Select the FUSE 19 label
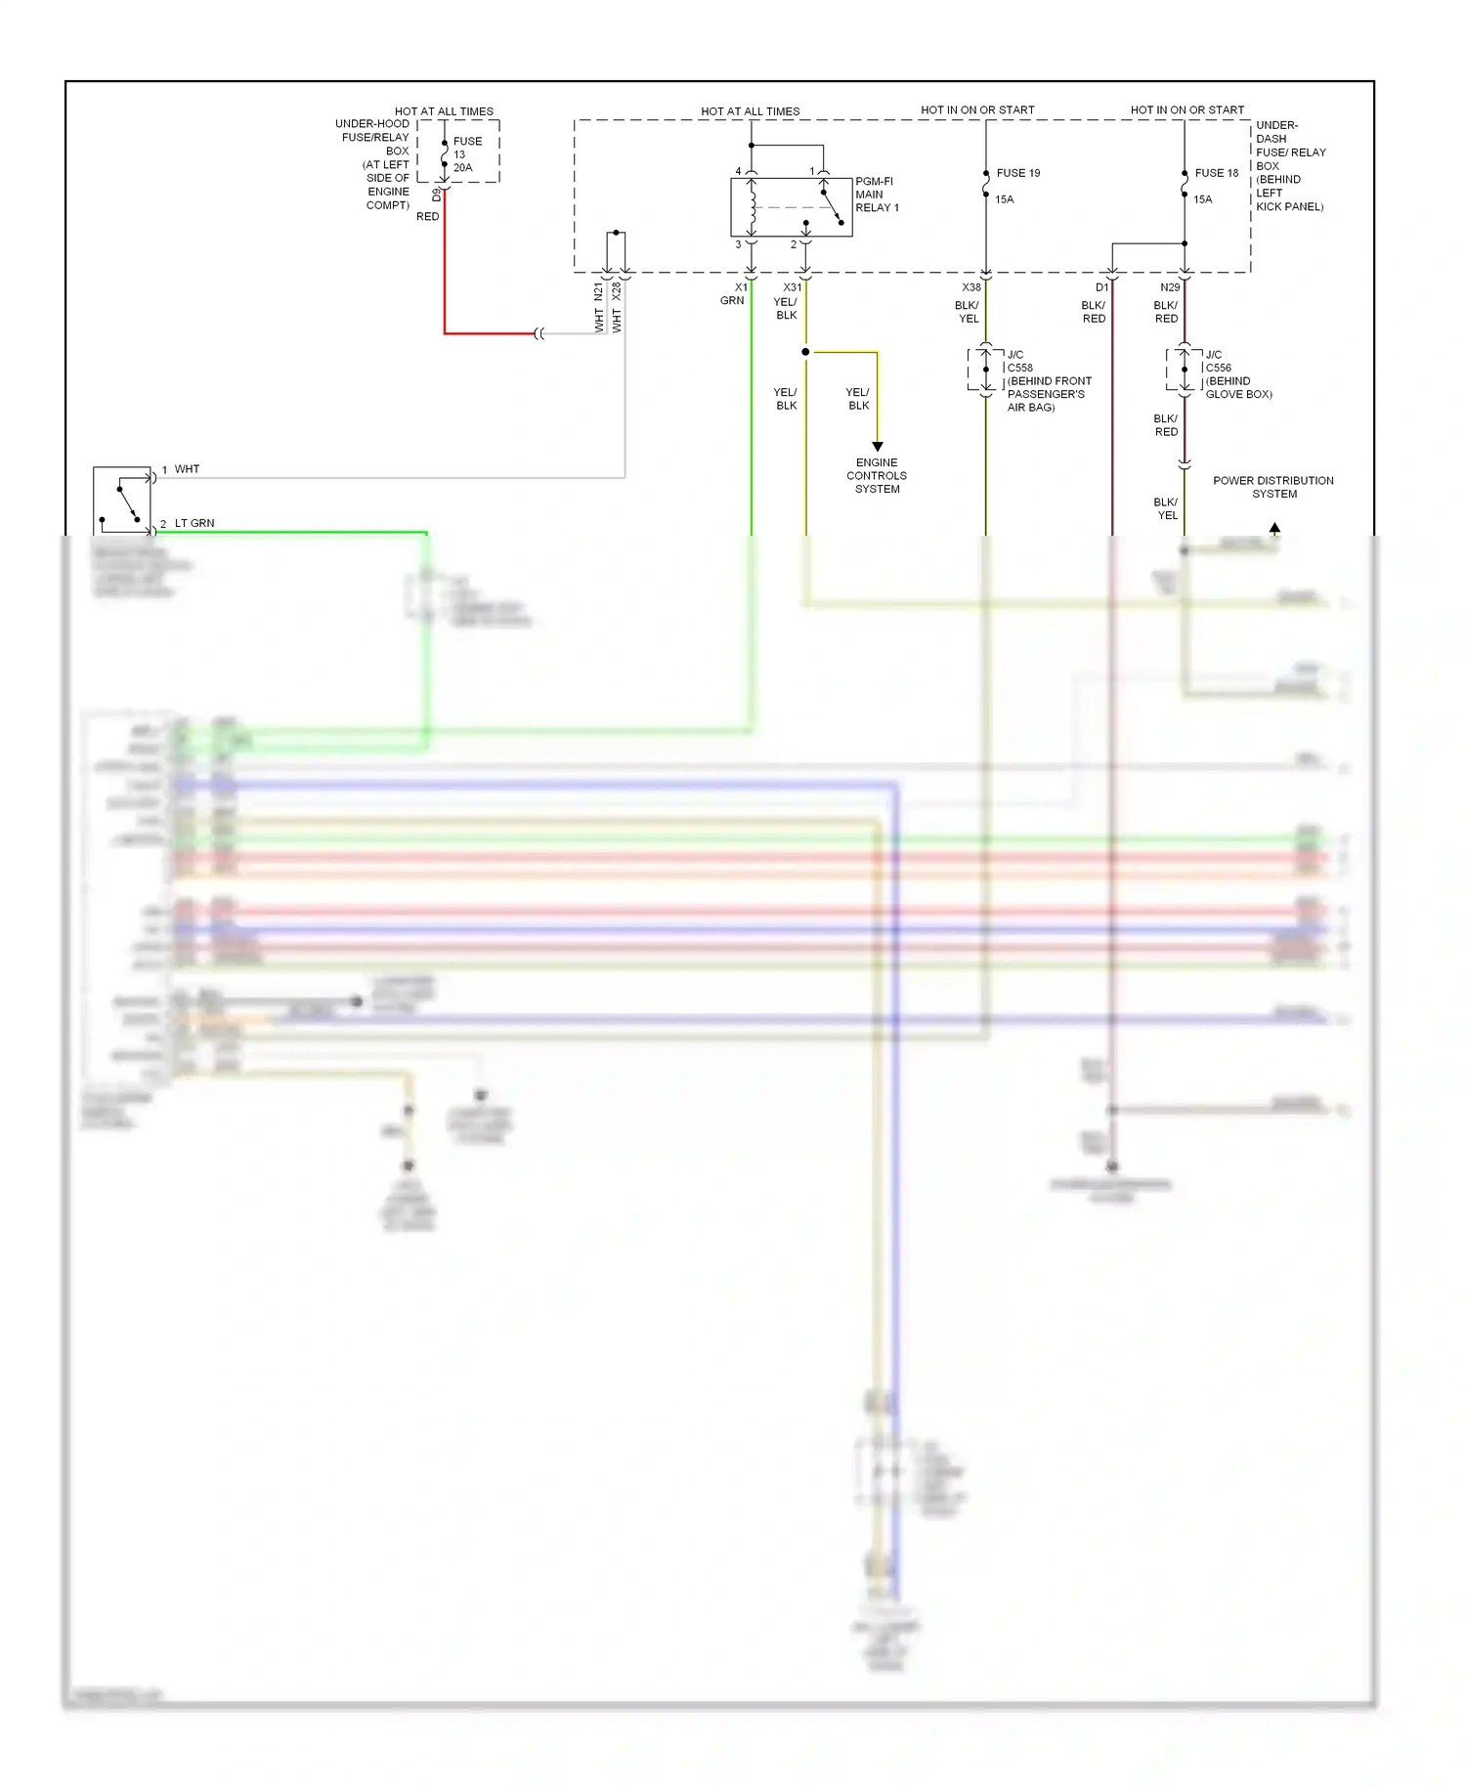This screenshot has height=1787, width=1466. point(1017,173)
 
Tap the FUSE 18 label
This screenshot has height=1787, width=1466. point(1216,173)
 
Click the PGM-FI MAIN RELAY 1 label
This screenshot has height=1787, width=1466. point(876,195)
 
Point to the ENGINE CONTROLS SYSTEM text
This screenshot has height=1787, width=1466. point(877,476)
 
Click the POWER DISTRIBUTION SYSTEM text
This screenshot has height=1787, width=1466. point(1272,487)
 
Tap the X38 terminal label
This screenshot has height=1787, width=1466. point(970,287)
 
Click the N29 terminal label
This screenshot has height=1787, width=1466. point(1169,287)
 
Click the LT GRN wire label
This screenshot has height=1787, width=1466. point(194,523)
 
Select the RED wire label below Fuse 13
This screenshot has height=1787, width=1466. point(427,217)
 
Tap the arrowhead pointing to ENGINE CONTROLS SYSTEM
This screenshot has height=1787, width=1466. point(878,446)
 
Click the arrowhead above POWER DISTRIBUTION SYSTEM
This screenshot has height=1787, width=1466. point(1274,528)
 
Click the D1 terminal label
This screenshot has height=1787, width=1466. point(1101,287)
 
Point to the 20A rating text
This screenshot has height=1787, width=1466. point(462,168)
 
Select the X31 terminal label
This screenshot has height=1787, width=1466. point(792,287)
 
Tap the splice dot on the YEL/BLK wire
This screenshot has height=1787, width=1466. point(805,352)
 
